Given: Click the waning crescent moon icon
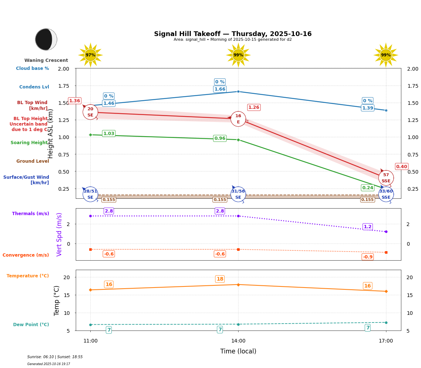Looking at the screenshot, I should [x=46, y=39].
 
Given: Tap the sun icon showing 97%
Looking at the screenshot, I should [x=90, y=55].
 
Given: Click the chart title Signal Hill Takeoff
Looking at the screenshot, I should [x=233, y=34].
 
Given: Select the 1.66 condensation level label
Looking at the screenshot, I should [x=220, y=89].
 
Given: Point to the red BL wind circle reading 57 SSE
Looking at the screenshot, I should [x=386, y=178].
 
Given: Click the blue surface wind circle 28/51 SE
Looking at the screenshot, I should [x=90, y=194].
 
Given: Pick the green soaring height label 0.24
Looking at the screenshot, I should [x=367, y=188].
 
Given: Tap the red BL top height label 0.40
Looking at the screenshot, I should [x=401, y=167].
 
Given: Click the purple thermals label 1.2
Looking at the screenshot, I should [x=367, y=227].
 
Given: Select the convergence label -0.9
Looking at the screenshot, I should [x=367, y=257].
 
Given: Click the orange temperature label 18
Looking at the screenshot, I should [x=220, y=279].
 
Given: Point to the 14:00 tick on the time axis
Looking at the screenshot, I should [x=238, y=341].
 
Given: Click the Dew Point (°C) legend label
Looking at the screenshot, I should [x=31, y=325].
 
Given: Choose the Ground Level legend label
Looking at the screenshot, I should [x=33, y=161].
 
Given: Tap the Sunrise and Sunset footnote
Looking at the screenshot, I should [x=55, y=357].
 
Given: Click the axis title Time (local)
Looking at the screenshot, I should [x=238, y=352].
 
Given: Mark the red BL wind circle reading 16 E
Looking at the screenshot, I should [x=238, y=119].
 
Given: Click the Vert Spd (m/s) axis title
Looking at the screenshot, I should [x=59, y=234].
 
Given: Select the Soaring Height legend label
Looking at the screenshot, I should [x=29, y=143].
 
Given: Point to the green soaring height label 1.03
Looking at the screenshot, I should [x=109, y=134].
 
